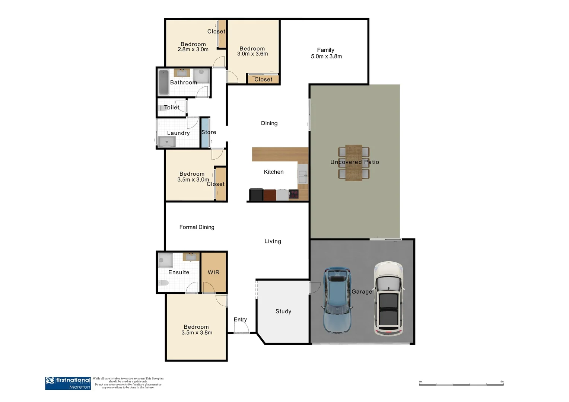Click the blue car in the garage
pyautogui.click(x=337, y=300)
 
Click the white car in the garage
pyautogui.click(x=388, y=298)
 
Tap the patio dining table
pyautogui.click(x=353, y=163)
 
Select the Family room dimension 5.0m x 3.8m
pyautogui.click(x=326, y=57)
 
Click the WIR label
pyautogui.click(x=213, y=272)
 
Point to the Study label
pyautogui.click(x=283, y=312)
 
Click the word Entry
pyautogui.click(x=240, y=319)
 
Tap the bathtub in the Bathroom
pyautogui.click(x=163, y=82)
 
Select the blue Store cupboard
pyautogui.click(x=205, y=133)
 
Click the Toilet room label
pyautogui.click(x=172, y=108)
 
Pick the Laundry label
pyautogui.click(x=178, y=133)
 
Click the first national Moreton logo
pyautogui.click(x=68, y=383)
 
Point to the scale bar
pyautogui.click(x=461, y=384)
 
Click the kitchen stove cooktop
pyautogui.click(x=293, y=194)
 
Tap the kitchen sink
pyautogui.click(x=303, y=176)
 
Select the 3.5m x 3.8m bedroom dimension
pyautogui.click(x=197, y=333)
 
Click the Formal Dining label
pyautogui.click(x=197, y=227)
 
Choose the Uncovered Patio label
pyautogui.click(x=355, y=162)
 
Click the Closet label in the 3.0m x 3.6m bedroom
pyautogui.click(x=263, y=79)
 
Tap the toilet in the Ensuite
pyautogui.click(x=163, y=283)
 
